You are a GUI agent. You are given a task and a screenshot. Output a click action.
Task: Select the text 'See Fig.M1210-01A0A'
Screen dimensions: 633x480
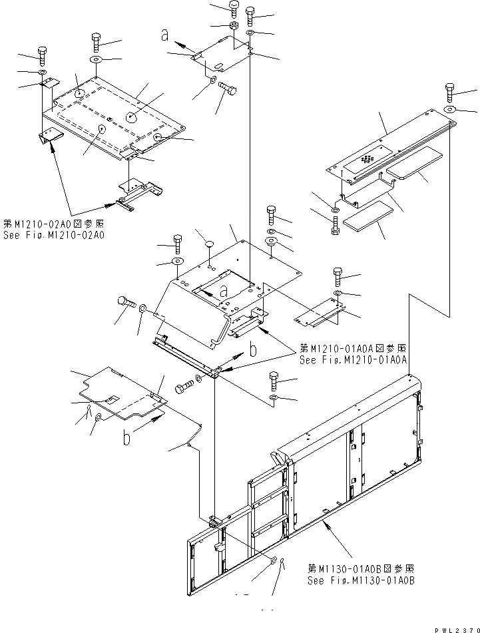tap(353, 361)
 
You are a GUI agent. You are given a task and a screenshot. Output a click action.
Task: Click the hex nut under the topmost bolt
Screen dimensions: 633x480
tap(234, 26)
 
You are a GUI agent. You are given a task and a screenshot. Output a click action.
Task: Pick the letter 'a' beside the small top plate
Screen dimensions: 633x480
tap(164, 37)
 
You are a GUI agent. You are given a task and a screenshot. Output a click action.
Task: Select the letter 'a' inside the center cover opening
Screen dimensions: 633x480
tap(224, 290)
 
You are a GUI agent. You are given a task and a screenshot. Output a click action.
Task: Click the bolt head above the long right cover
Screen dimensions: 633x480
tap(449, 89)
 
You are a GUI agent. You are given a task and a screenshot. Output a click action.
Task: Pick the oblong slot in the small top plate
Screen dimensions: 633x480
tap(218, 65)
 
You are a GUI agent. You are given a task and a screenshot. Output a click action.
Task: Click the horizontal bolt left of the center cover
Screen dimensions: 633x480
tap(127, 303)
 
